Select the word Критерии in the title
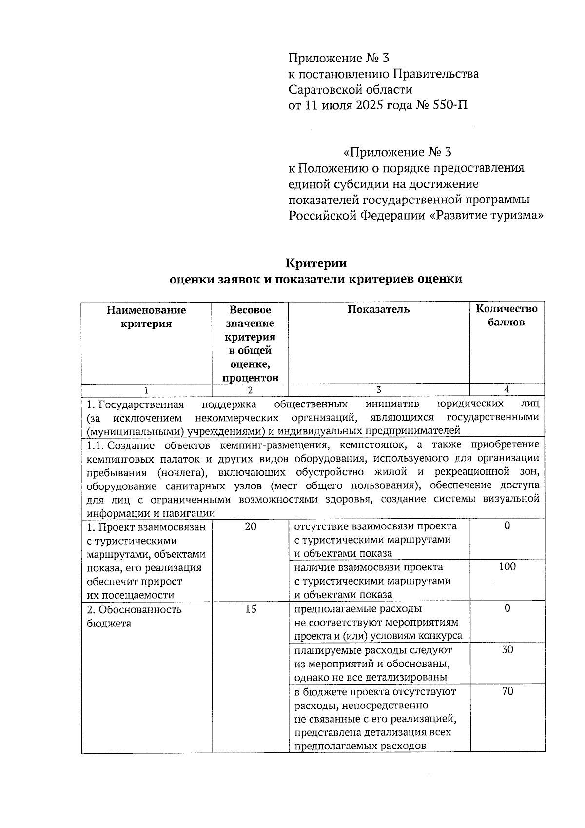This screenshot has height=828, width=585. [x=316, y=263]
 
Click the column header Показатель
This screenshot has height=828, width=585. [x=378, y=309]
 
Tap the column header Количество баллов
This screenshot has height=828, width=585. [x=507, y=316]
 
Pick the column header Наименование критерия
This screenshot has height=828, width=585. [x=146, y=317]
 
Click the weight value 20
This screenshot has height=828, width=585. [x=251, y=526]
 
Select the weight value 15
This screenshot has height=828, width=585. [x=251, y=609]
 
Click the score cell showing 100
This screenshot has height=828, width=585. [x=507, y=567]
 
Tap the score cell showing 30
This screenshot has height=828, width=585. [x=507, y=650]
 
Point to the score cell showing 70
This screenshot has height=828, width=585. [x=507, y=691]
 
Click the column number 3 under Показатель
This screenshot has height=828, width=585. [x=378, y=390]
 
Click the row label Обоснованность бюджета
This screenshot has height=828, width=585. [x=134, y=616]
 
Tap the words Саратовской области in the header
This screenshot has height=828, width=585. [x=350, y=90]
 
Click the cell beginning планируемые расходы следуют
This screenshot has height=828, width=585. [x=372, y=664]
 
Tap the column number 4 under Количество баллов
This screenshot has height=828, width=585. [x=507, y=390]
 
